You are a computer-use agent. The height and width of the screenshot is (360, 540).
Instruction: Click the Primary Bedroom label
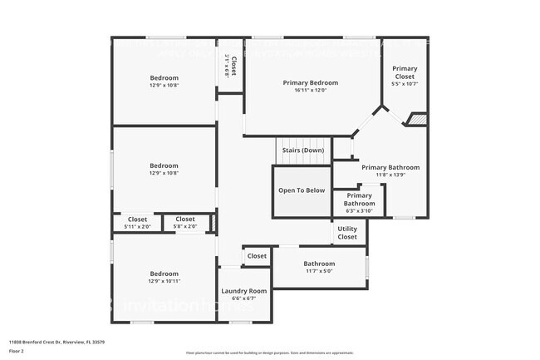tap(310, 82)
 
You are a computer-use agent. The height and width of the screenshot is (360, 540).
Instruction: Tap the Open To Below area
tap(301, 190)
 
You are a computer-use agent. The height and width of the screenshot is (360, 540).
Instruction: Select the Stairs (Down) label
tap(302, 150)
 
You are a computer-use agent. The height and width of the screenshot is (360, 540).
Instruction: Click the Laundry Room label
tap(243, 291)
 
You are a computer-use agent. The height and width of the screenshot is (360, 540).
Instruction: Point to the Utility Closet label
tap(347, 233)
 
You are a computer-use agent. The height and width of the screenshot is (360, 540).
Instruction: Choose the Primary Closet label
tap(405, 72)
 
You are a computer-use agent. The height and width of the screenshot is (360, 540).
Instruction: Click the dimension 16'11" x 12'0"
tap(310, 91)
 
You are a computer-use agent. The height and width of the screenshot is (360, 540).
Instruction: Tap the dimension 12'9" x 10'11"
tap(164, 281)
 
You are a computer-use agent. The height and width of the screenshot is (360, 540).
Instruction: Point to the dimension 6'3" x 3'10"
tap(360, 211)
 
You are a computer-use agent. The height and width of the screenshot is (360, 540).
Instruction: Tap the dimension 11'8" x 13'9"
tap(390, 175)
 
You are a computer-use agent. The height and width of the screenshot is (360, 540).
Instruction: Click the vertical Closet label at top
tap(233, 65)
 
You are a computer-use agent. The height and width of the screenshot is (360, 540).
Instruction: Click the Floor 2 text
tap(17, 350)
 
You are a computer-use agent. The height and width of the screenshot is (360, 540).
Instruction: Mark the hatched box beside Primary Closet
tap(417, 120)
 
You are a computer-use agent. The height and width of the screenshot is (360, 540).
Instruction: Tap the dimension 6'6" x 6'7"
tap(243, 299)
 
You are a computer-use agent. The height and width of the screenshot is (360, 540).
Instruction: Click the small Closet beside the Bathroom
tap(257, 256)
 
